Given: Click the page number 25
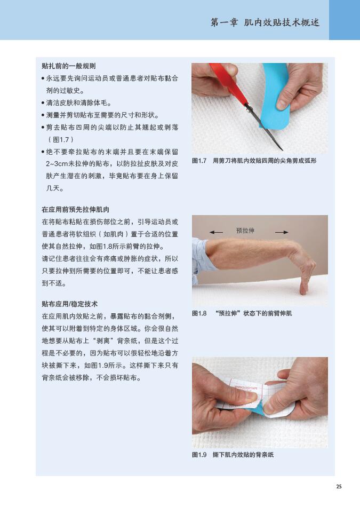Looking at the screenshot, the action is [339, 486].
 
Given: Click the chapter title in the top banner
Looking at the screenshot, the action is [265, 22].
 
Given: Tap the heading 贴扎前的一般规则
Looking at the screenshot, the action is [68, 66].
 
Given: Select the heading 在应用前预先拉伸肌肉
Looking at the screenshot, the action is [75, 210].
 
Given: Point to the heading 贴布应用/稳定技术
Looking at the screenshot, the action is [69, 304].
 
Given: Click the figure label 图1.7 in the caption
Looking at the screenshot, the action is [199, 161].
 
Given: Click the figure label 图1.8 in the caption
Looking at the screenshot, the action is [199, 313].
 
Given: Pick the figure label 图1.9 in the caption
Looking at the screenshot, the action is [199, 455].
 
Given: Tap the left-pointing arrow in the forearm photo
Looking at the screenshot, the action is [216, 232].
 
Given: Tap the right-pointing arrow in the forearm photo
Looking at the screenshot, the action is [282, 232].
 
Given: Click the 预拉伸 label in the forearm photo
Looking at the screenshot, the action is [245, 231].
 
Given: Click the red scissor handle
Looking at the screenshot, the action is [228, 83].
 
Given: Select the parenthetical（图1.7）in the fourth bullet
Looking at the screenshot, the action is [60, 140].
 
